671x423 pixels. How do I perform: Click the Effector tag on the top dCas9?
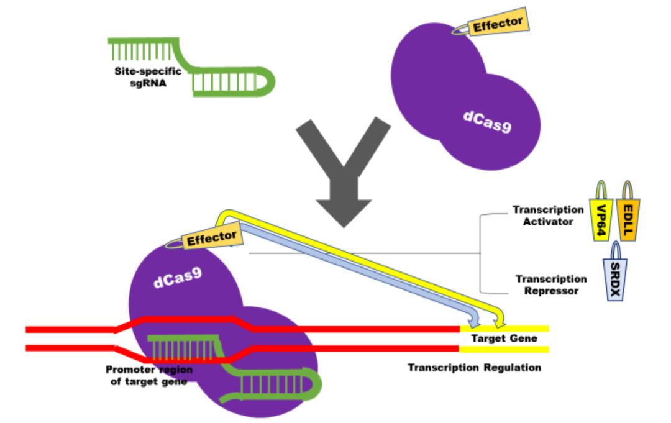(x=498, y=24)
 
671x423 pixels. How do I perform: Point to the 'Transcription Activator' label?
(x=547, y=216)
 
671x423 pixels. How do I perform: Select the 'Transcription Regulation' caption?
(x=474, y=368)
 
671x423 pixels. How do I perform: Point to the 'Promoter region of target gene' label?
(x=149, y=376)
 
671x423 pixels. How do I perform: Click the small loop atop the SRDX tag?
(x=614, y=250)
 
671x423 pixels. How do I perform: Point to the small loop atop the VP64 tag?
(x=601, y=190)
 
